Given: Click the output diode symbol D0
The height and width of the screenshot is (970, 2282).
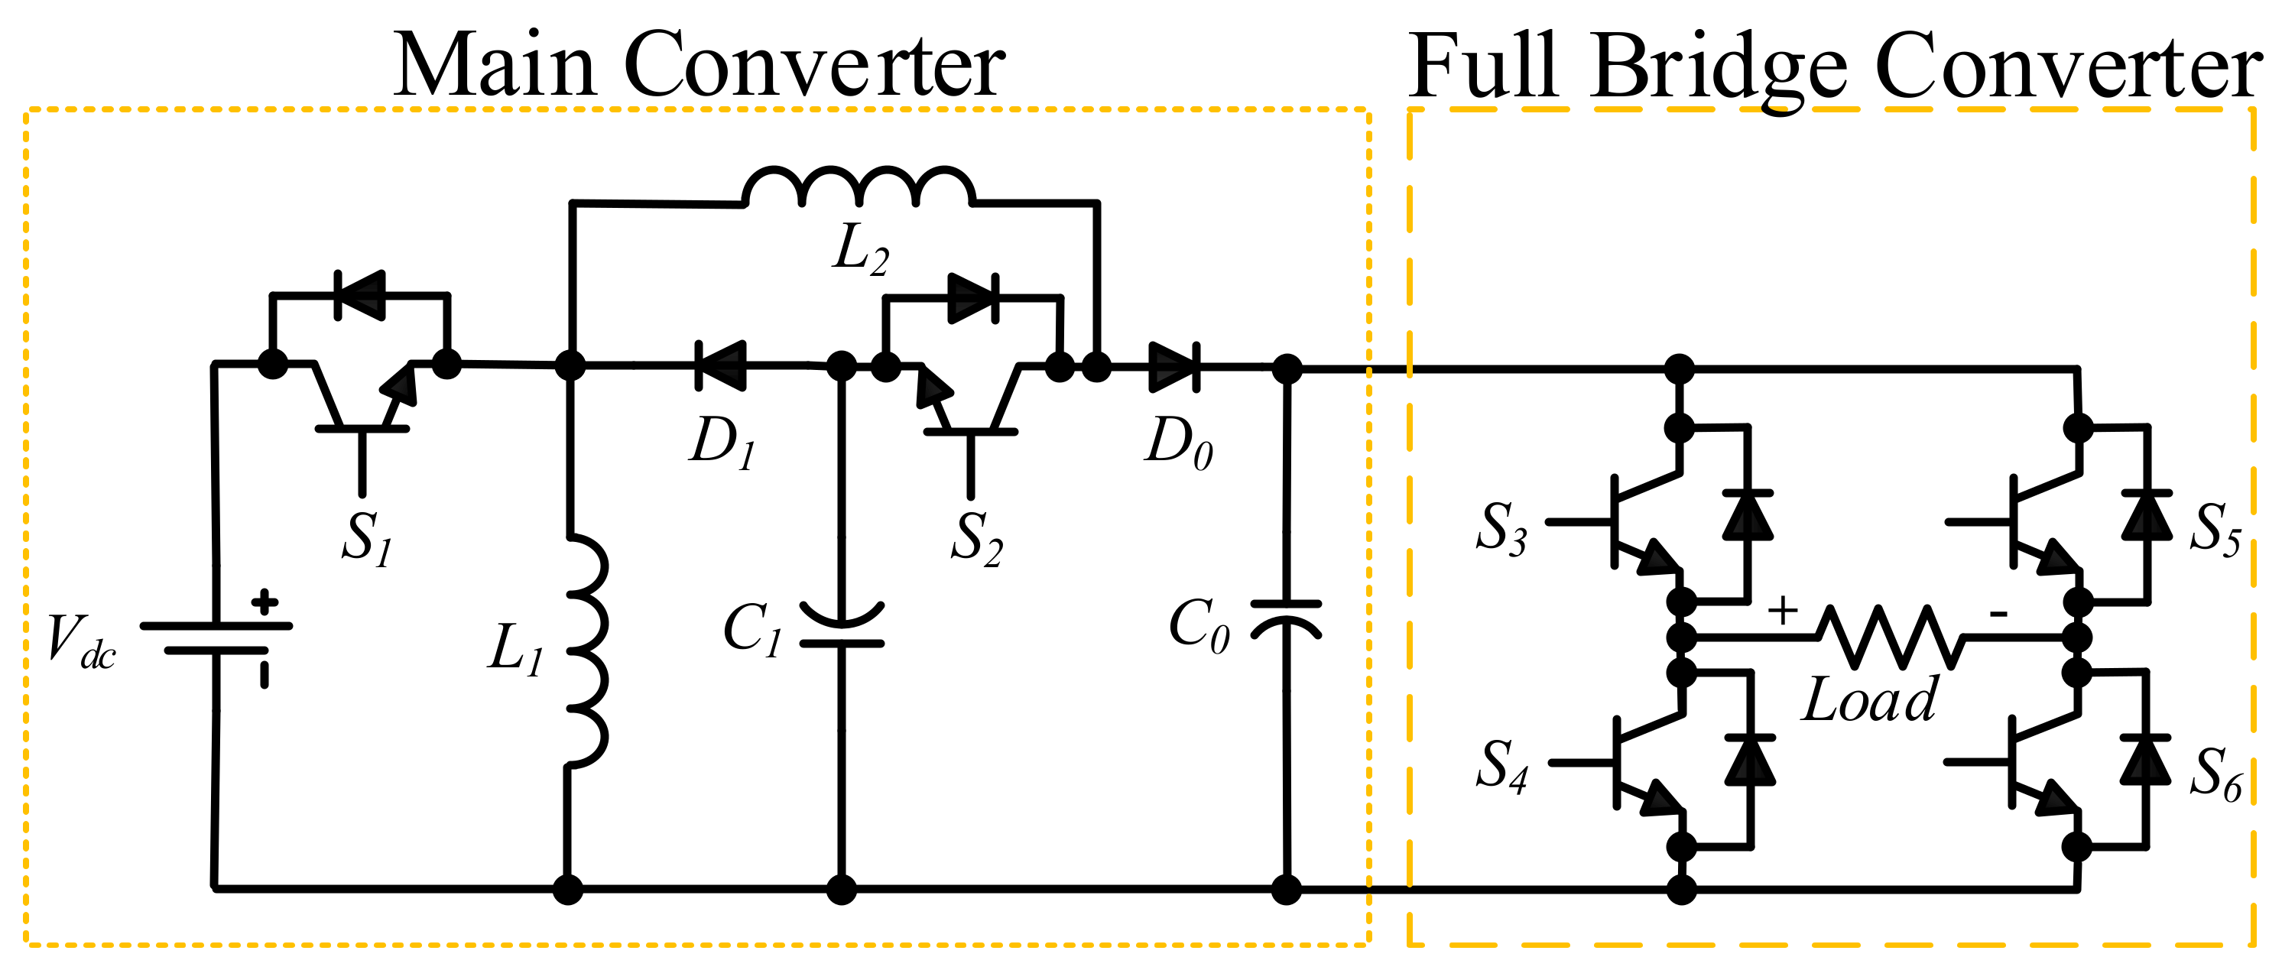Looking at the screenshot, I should pos(1173,366).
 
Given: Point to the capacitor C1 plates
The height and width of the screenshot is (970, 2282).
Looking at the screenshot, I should pos(841,625).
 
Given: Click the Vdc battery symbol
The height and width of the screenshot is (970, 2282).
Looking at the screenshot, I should pos(216,637).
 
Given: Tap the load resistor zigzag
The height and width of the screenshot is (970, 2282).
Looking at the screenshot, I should pos(1890,636).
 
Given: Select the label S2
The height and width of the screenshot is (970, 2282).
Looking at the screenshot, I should pos(976,539).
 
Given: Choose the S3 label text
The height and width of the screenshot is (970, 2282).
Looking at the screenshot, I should pos(1501,529).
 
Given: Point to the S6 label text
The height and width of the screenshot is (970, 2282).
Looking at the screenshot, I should pos(2215,774).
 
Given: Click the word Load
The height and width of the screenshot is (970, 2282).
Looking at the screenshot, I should pos(1870,700).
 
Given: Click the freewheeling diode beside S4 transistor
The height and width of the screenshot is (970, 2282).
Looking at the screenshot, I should pos(1750,760).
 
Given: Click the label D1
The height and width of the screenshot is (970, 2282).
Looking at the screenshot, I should pos(722,442).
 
